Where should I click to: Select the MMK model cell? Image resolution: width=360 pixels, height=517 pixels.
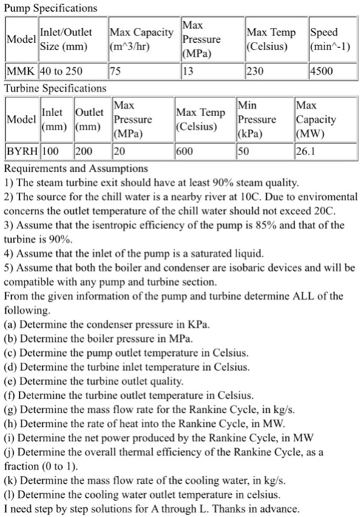(x=19, y=72)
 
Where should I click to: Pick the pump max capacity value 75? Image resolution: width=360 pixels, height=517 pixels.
(x=115, y=72)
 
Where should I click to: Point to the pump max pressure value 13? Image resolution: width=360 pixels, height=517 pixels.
(x=189, y=72)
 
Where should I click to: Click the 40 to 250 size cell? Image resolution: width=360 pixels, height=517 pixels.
(x=60, y=72)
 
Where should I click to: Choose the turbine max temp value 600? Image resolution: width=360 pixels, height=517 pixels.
(x=187, y=152)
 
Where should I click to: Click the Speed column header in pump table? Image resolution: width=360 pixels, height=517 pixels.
(x=324, y=39)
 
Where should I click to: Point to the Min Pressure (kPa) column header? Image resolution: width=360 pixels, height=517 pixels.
(x=257, y=119)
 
